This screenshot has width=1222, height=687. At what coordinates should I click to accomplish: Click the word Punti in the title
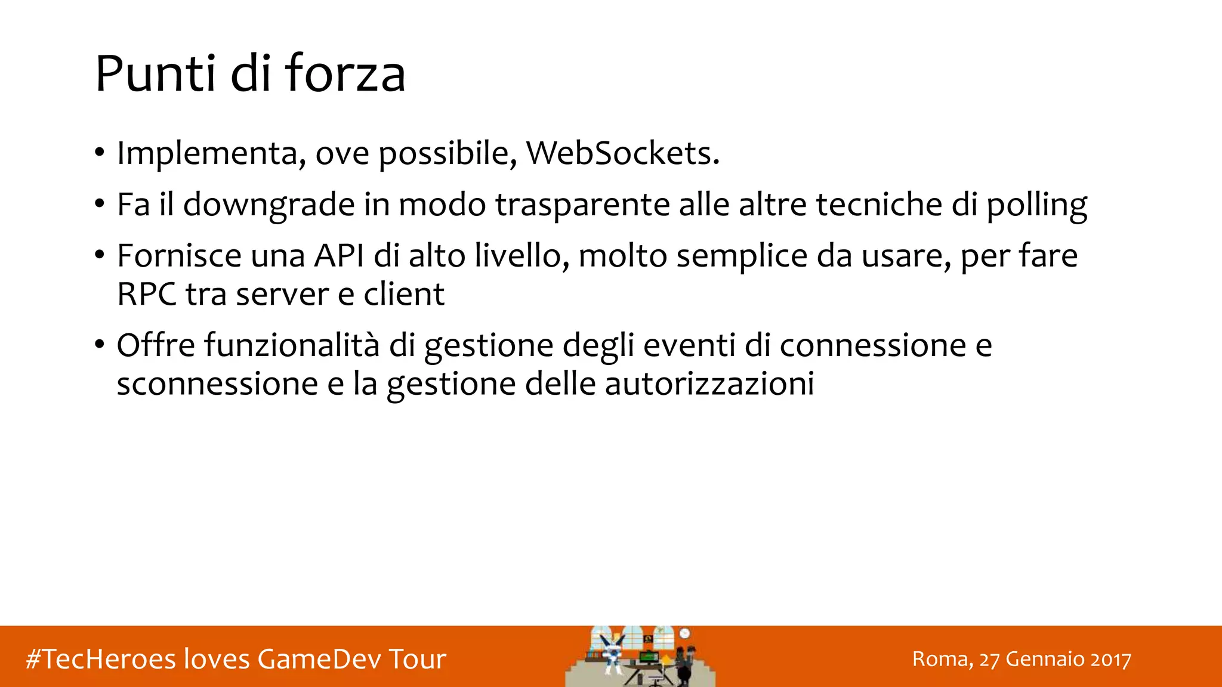coord(155,74)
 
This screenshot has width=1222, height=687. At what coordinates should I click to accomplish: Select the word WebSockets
coord(622,153)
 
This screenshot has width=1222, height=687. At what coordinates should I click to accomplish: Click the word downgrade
coord(269,205)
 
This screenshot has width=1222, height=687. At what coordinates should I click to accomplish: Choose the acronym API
coord(339,256)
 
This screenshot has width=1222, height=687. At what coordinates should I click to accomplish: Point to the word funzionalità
coord(292,345)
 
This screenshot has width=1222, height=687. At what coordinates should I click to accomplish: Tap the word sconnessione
coord(217,383)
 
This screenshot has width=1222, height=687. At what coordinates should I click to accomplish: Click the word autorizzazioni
coord(709,383)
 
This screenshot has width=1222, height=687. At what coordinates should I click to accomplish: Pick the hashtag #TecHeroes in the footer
coord(101,659)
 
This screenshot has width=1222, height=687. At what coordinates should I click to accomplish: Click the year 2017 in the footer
coord(1110,659)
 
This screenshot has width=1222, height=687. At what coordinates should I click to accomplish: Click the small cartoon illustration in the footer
coord(640,657)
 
